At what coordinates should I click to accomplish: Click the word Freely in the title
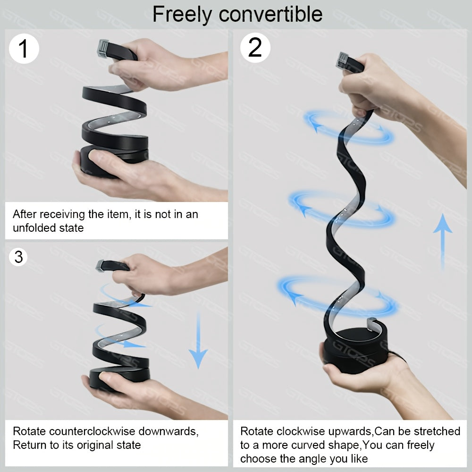pos(182,15)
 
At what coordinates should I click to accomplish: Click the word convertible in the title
pos(270,14)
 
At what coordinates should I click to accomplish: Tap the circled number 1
pos(24,49)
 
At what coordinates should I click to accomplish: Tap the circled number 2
pos(255,48)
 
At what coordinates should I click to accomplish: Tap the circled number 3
pos(18,257)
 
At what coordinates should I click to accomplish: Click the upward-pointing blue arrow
pos(443,241)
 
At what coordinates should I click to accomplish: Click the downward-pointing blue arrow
pos(198,340)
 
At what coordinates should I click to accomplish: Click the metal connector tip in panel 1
pos(103,48)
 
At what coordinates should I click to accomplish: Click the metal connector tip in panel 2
pos(342,59)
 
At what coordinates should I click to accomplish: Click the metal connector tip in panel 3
pos(100,265)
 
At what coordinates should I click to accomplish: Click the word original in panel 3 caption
pos(96,445)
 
